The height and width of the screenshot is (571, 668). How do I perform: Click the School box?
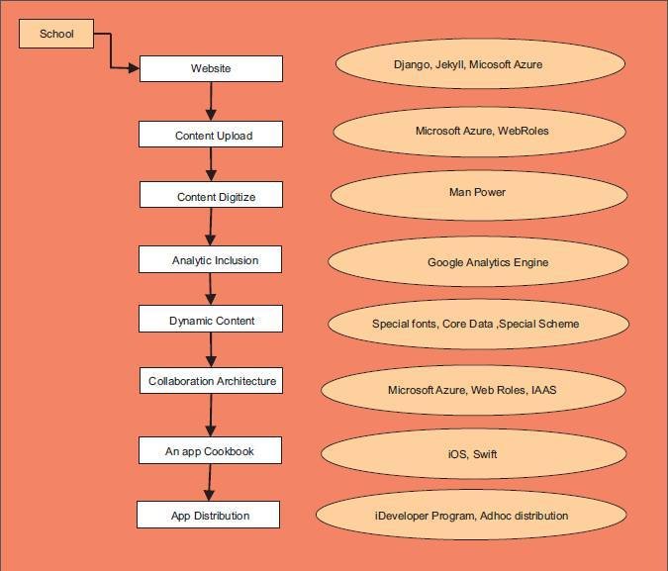(56, 35)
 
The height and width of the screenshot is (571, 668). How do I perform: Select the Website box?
(211, 68)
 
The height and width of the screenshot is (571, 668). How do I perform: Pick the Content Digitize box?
(212, 196)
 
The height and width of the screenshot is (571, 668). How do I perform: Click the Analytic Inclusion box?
(211, 260)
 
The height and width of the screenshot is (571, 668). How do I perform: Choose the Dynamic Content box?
(211, 320)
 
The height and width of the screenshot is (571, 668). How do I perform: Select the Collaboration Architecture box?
(212, 381)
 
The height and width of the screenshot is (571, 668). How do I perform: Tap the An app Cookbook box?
(210, 451)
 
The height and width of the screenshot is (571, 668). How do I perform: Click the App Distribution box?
(208, 515)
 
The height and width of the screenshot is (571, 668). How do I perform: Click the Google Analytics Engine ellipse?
(477, 262)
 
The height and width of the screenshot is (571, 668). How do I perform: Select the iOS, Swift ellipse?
(474, 453)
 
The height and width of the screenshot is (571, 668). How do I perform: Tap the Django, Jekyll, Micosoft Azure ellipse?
(480, 64)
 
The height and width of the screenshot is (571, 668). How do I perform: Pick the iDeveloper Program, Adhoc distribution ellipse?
(470, 515)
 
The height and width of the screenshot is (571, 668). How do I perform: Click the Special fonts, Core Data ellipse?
(476, 324)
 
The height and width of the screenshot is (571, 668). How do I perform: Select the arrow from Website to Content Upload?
(211, 102)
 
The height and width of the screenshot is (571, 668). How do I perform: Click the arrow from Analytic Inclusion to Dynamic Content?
(211, 289)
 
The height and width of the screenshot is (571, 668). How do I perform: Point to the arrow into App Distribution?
(208, 483)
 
